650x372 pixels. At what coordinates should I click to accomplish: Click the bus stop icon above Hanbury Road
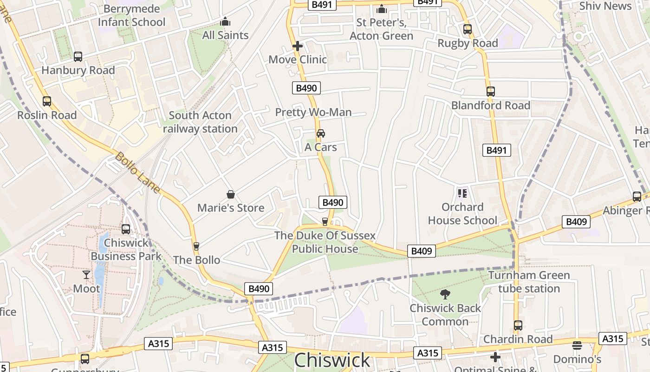(78, 57)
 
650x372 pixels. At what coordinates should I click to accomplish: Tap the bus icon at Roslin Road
(47, 101)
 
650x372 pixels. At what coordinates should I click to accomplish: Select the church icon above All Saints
(225, 21)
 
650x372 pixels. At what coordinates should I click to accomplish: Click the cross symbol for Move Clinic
(298, 46)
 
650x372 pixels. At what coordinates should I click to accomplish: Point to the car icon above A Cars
(320, 133)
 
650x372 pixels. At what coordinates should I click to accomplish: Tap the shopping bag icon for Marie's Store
(231, 194)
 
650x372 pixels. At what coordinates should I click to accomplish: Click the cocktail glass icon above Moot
(86, 275)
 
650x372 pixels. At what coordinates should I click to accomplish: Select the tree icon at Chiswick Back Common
(445, 294)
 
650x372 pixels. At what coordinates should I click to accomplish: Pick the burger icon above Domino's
(577, 345)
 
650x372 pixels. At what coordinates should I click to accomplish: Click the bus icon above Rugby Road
(468, 29)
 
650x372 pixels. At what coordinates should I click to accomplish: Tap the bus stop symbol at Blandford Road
(491, 92)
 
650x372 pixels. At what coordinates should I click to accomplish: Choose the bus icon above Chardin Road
(518, 325)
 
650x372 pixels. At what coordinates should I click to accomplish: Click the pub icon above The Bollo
(196, 246)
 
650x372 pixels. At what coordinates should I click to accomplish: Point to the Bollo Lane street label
(137, 173)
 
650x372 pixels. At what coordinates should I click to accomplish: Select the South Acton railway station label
(200, 122)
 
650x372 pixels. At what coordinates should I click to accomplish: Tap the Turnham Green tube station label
(529, 282)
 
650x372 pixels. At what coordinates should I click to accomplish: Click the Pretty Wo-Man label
(313, 112)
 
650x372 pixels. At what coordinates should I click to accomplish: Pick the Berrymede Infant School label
(132, 15)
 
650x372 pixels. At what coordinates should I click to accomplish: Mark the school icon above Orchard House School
(462, 193)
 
